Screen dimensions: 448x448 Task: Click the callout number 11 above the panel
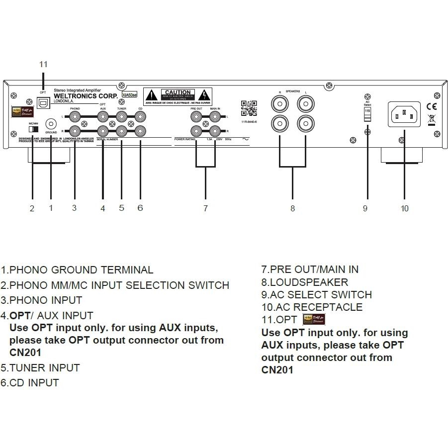pyautogui.click(x=43, y=64)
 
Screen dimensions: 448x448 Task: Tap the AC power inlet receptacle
pyautogui.click(x=403, y=115)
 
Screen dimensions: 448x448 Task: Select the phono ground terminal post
pyautogui.click(x=51, y=123)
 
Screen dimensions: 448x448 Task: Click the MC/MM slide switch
pyautogui.click(x=33, y=129)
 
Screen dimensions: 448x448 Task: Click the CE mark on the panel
pyautogui.click(x=432, y=106)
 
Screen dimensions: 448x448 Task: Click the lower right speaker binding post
pyautogui.click(x=305, y=123)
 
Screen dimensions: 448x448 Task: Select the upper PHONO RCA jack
pyautogui.click(x=75, y=117)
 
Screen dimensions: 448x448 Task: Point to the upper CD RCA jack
pyautogui.click(x=140, y=117)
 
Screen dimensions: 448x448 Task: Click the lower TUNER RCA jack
pyautogui.click(x=121, y=131)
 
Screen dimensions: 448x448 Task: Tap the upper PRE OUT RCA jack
pyautogui.click(x=196, y=117)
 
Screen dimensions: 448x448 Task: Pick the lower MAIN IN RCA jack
pyautogui.click(x=215, y=131)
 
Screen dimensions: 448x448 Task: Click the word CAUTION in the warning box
pyautogui.click(x=178, y=92)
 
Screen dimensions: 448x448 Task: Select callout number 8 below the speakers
pyautogui.click(x=292, y=208)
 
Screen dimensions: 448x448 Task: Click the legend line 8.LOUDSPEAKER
pyautogui.click(x=305, y=282)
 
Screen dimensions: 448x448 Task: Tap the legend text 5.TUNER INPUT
pyautogui.click(x=40, y=368)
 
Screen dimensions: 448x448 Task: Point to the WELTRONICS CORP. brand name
pyautogui.click(x=86, y=95)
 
